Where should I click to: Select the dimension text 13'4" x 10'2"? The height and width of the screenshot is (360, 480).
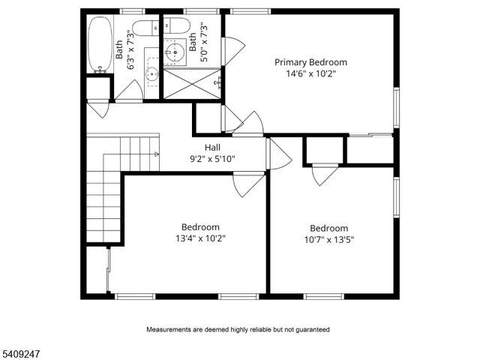tap(200, 238)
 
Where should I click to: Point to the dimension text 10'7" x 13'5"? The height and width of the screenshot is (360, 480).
tap(329, 240)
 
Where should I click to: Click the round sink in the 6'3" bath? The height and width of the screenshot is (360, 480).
tap(151, 73)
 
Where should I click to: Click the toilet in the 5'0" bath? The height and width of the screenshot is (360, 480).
tap(178, 25)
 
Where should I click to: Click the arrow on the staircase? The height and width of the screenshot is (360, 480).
tap(156, 153)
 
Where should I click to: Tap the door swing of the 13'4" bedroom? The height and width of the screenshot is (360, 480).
tap(248, 184)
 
